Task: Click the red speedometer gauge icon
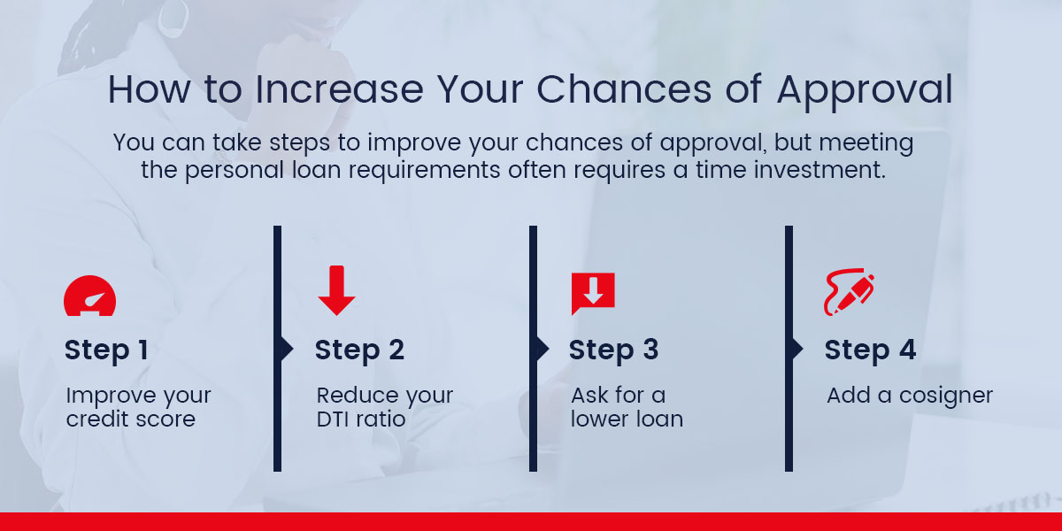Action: [89, 296]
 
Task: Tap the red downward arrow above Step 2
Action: [336, 290]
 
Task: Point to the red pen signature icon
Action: [849, 292]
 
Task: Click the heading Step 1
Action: [107, 350]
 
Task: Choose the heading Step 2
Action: [359, 350]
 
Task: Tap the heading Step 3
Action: [613, 350]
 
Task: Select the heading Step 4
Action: [870, 350]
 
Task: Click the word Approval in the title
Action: [865, 90]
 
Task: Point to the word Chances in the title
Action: [624, 89]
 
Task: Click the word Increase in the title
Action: [340, 89]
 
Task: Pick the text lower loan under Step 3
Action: [627, 419]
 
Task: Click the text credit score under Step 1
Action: [131, 419]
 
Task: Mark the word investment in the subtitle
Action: [820, 170]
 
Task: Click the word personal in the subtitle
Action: [235, 171]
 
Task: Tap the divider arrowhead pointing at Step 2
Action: [287, 349]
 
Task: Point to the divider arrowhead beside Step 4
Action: [797, 349]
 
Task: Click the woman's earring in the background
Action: [173, 18]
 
